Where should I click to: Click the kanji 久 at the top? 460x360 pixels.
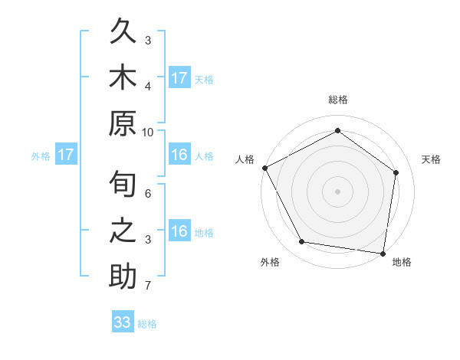click(123, 34)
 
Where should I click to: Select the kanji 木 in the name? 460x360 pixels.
click(123, 80)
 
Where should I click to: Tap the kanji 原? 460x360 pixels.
click(123, 125)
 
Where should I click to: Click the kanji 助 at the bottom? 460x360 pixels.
click(123, 277)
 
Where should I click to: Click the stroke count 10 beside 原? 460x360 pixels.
click(149, 132)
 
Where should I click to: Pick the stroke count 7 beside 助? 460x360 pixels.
click(149, 286)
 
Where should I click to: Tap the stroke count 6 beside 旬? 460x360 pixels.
click(149, 194)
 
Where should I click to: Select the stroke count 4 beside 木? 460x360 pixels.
click(149, 87)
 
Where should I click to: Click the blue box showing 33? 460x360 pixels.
click(123, 322)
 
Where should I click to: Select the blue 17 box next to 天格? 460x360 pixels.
click(179, 77)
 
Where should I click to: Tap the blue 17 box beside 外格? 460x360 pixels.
click(66, 155)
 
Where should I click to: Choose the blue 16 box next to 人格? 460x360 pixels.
click(179, 155)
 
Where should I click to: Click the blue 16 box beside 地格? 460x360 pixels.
click(179, 231)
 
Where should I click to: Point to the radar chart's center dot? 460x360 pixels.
click(337, 191)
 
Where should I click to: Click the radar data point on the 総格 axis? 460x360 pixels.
click(337, 131)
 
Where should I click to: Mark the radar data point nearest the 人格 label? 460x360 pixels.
click(264, 167)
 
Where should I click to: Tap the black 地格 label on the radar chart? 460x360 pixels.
click(402, 262)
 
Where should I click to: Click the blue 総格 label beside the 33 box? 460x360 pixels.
click(147, 324)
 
